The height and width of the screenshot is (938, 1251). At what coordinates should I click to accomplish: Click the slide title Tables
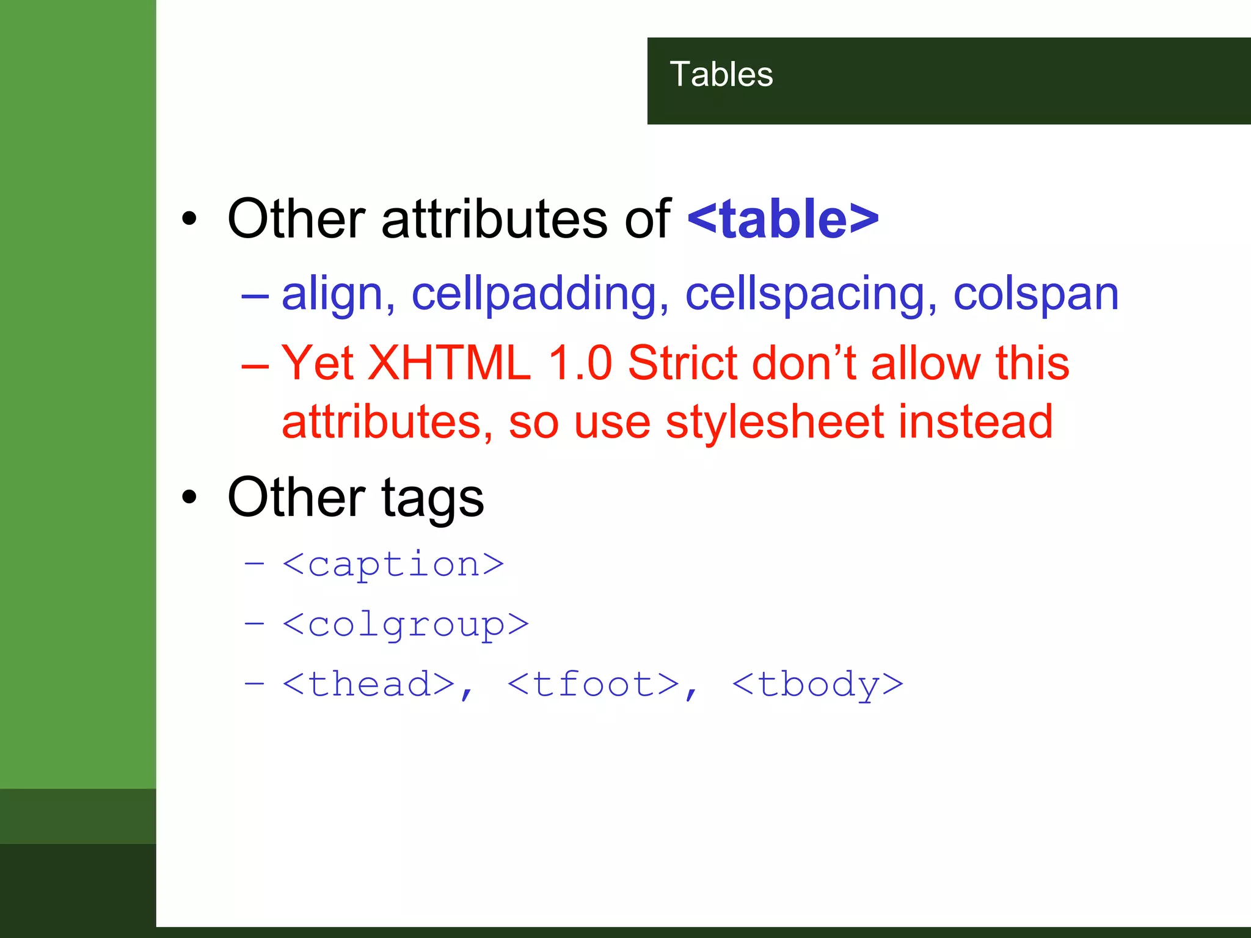pos(721,75)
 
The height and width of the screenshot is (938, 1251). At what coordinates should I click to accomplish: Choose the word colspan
pos(1036,294)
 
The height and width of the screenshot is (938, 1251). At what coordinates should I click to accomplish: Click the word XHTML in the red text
pos(449,363)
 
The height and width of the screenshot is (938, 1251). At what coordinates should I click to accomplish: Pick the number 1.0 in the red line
pos(580,363)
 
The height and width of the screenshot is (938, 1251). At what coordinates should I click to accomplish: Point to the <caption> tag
pos(393,564)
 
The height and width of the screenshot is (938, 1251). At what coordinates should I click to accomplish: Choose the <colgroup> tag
pos(406,624)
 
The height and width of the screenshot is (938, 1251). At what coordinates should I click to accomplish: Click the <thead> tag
pos(369,684)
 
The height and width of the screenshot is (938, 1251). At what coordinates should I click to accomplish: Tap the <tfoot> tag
pos(593,684)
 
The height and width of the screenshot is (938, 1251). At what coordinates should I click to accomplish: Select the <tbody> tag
pos(817,684)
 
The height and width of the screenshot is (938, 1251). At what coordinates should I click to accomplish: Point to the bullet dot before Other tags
pos(189,497)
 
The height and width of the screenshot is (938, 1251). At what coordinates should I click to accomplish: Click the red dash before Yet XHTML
pos(255,365)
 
